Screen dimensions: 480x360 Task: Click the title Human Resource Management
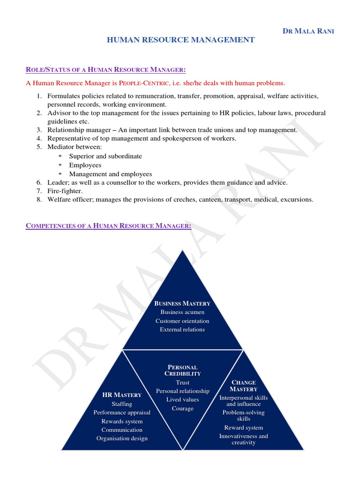click(181, 40)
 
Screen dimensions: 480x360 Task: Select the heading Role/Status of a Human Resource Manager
click(105, 70)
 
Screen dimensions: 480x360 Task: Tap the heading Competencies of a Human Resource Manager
click(108, 226)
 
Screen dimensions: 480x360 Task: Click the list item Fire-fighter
click(65, 191)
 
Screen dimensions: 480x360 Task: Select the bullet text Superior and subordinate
click(105, 156)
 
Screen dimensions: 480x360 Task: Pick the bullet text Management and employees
click(111, 173)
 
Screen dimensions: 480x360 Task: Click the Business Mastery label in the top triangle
click(182, 303)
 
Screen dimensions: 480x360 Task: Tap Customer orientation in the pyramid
click(182, 321)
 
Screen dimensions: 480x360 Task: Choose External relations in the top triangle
click(182, 330)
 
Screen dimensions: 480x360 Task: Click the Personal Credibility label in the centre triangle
click(182, 370)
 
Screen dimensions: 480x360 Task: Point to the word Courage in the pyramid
click(182, 408)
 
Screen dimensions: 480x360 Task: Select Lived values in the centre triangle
click(182, 400)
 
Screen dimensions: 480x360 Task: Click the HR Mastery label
click(122, 395)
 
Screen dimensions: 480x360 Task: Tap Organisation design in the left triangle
click(122, 438)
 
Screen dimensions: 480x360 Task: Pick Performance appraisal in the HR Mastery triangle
click(122, 412)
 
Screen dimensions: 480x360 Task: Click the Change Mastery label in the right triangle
click(243, 386)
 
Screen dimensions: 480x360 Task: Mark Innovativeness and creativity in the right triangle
click(243, 439)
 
